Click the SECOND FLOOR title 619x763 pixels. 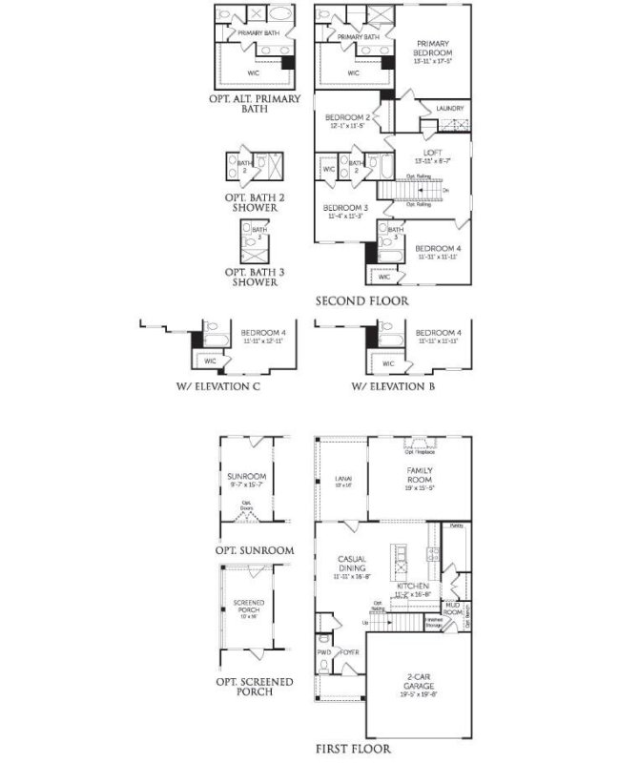pyautogui.click(x=362, y=300)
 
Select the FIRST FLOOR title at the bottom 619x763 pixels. pyautogui.click(x=353, y=749)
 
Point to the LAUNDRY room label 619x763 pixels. pyautogui.click(x=449, y=109)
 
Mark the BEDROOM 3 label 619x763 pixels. pyautogui.click(x=344, y=207)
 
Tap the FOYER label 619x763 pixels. pyautogui.click(x=347, y=653)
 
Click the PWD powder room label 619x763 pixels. pyautogui.click(x=323, y=653)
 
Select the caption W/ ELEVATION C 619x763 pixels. pyautogui.click(x=218, y=387)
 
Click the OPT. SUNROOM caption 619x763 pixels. pyautogui.click(x=254, y=550)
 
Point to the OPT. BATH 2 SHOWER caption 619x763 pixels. pyautogui.click(x=251, y=202)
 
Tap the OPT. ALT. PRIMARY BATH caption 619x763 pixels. pyautogui.click(x=254, y=103)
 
